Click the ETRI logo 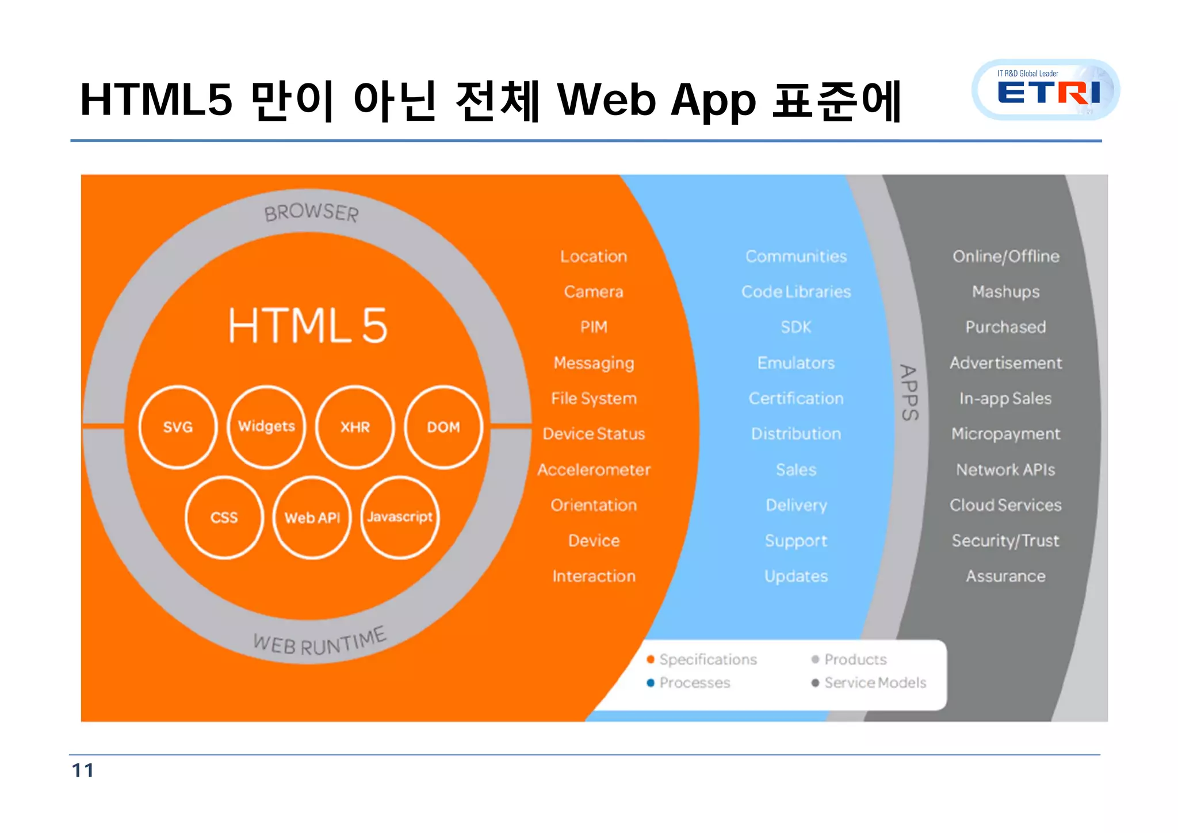(1046, 90)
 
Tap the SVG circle (178, 427)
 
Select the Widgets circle (266, 426)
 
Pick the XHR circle (355, 427)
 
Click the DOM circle (443, 427)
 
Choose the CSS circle (224, 517)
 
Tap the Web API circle (312, 517)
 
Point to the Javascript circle (400, 517)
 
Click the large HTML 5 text (308, 326)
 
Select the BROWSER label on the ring (311, 212)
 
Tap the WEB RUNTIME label (320, 641)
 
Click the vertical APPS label (909, 392)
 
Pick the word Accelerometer (594, 469)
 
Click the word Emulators (796, 363)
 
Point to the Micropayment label (1005, 434)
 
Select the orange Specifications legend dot (651, 659)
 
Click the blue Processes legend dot (651, 683)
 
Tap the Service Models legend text (875, 683)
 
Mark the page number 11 (83, 770)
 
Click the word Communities (796, 256)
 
